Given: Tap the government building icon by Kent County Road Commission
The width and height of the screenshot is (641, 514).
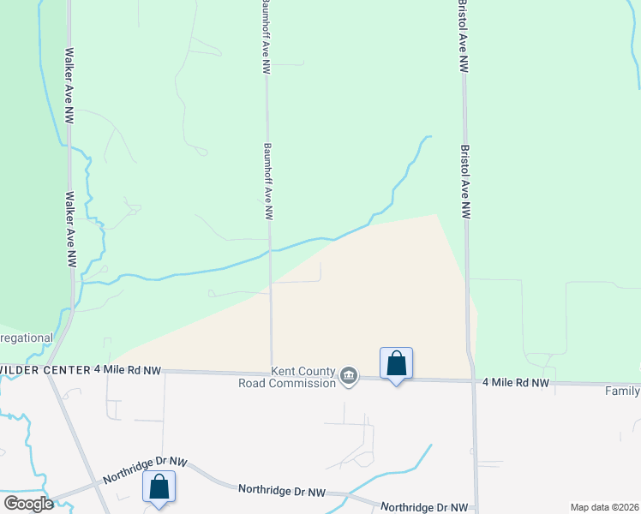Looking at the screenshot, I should pyautogui.click(x=349, y=376).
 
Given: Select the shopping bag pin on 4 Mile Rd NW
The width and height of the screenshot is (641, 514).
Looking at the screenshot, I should pyautogui.click(x=396, y=363).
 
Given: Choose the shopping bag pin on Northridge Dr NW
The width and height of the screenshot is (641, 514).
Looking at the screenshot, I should pyautogui.click(x=159, y=487).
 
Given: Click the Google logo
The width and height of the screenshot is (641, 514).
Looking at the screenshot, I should pyautogui.click(x=28, y=504).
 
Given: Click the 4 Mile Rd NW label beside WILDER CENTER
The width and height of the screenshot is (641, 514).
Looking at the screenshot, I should pyautogui.click(x=128, y=369).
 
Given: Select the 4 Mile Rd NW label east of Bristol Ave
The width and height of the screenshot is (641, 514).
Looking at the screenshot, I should pyautogui.click(x=515, y=383).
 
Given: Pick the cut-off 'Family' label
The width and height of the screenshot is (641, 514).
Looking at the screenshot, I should pyautogui.click(x=622, y=391).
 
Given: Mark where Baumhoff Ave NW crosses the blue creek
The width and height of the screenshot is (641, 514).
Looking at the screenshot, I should pyautogui.click(x=270, y=251).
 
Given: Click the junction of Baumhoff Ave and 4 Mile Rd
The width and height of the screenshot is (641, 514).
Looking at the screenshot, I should pyautogui.click(x=272, y=372).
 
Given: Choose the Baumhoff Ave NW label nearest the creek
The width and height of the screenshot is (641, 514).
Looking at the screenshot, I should pyautogui.click(x=267, y=182).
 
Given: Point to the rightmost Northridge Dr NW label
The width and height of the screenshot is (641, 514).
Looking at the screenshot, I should pyautogui.click(x=425, y=507).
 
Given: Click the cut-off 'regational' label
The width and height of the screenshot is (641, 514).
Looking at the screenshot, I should pyautogui.click(x=27, y=338).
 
